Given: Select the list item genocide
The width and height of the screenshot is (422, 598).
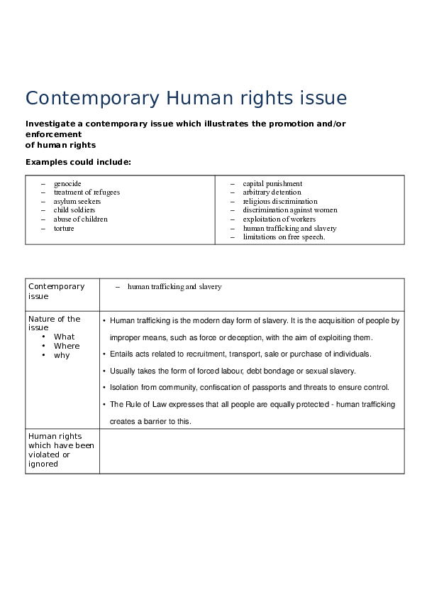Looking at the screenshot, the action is tap(67, 183).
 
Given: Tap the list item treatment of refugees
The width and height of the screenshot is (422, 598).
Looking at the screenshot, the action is tap(87, 192).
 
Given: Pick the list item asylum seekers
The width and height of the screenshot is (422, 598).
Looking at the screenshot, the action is tap(77, 202).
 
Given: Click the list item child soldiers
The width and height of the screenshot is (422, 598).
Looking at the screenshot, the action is tap(74, 210).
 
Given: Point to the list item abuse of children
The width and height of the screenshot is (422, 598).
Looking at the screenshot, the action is tap(80, 219).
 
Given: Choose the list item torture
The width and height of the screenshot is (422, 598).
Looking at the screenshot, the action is tap(64, 229).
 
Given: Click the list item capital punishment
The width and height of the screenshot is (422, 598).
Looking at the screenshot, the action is tap(272, 183).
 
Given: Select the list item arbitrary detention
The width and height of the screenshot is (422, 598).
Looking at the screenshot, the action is tap(272, 192).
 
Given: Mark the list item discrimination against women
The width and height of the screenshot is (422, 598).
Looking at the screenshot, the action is tap(290, 210).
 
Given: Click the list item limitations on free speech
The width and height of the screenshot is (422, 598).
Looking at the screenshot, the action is tap(284, 237).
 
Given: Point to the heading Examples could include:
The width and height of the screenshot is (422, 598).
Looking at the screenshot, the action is tap(78, 162).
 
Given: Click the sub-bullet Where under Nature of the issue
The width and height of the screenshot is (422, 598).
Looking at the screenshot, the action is tap(67, 346).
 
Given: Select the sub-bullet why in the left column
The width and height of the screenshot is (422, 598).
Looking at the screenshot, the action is tap(62, 355).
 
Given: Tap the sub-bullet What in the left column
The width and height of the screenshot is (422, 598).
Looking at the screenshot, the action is tap(64, 337).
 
